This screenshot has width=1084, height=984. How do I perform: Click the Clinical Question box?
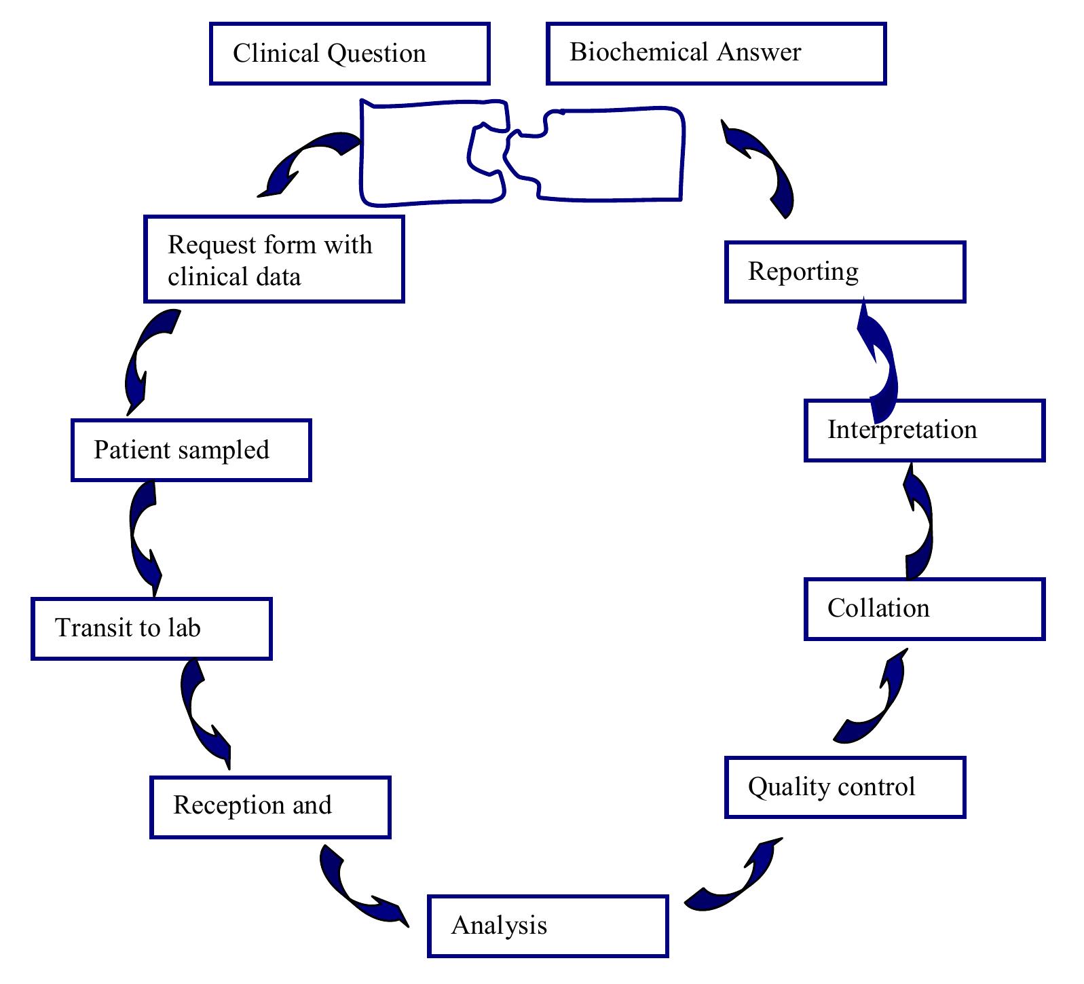tap(350, 54)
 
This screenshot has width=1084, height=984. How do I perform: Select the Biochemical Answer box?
tap(716, 54)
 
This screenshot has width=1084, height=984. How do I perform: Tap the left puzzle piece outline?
tap(421, 153)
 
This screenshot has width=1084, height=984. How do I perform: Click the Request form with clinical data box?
tap(274, 259)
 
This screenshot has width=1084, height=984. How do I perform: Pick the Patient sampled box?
tap(191, 450)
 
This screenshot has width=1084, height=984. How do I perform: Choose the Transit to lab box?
tap(151, 629)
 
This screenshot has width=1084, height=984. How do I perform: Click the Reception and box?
tap(270, 807)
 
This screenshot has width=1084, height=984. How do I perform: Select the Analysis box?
tap(548, 926)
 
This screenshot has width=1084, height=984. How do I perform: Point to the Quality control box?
tap(845, 788)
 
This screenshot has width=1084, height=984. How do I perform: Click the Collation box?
tap(924, 609)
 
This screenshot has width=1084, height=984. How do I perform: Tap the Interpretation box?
tap(924, 431)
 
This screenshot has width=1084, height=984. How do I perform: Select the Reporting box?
tap(845, 272)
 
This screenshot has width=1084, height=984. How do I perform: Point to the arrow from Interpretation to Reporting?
tap(880, 363)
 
